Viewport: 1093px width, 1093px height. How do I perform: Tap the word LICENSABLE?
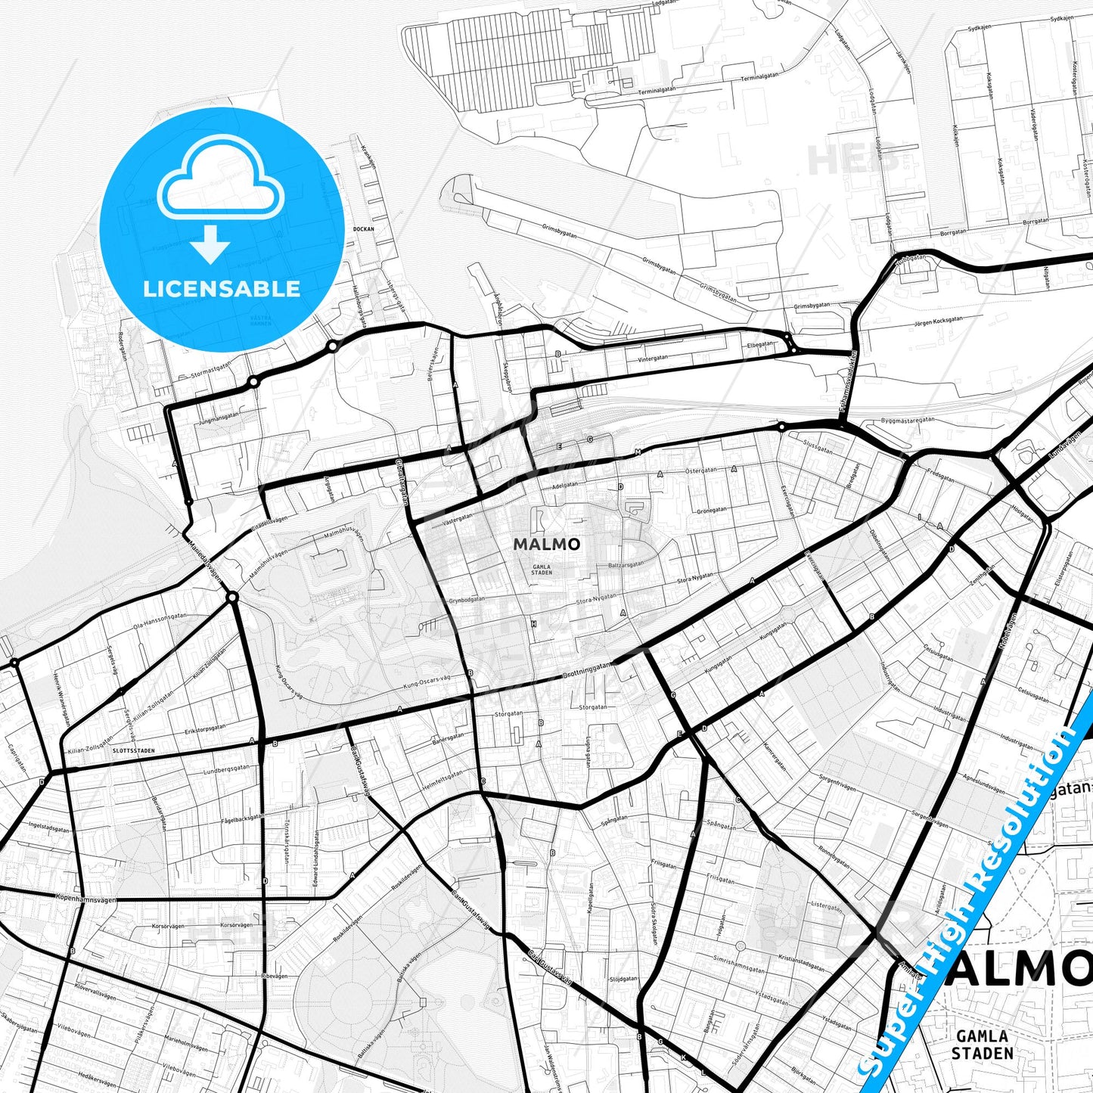222,288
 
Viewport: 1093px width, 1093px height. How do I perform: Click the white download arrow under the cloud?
210,244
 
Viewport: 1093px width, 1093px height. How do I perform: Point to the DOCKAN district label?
363,228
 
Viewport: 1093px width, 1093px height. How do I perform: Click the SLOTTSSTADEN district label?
132,751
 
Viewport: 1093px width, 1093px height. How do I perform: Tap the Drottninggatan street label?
587,669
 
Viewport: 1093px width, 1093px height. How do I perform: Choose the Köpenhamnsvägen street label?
86,898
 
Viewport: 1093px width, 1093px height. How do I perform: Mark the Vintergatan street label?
653,358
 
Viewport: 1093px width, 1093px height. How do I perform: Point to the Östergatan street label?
700,470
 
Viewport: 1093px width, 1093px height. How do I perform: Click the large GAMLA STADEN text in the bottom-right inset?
982,1045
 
